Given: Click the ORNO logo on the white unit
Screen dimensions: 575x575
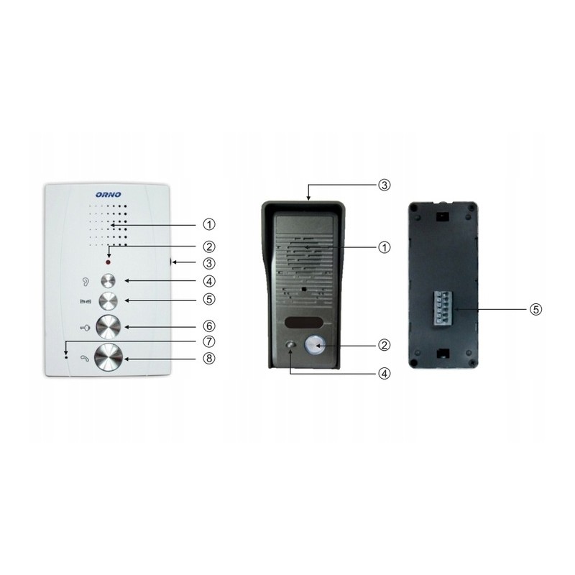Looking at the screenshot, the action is [108, 194].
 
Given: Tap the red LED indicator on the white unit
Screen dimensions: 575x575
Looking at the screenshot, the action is [109, 262].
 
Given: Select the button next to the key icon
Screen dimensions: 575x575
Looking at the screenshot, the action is [109, 326].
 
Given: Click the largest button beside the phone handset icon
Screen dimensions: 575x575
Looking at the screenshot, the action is [109, 357].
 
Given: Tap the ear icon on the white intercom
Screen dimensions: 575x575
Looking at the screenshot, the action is [86, 282].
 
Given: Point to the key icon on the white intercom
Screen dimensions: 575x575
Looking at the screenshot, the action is [85, 328].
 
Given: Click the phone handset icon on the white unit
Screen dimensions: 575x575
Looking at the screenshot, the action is [85, 358].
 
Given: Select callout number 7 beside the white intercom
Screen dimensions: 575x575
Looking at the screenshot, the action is [209, 341].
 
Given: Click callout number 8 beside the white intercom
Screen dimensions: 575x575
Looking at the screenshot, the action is [209, 358].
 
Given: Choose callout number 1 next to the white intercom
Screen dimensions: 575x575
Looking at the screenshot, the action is [209, 224].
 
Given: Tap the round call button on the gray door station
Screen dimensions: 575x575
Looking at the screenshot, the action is [313, 346].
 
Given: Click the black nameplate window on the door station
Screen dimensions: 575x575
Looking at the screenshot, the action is [303, 323].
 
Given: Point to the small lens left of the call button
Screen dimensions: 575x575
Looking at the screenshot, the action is [290, 345].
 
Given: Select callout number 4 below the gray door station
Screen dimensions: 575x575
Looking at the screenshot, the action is [384, 374].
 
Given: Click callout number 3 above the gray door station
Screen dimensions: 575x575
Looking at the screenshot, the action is [384, 185].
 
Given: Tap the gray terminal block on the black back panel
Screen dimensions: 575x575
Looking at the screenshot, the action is [443, 308].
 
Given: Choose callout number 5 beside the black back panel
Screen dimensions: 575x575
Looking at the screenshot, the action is [535, 309].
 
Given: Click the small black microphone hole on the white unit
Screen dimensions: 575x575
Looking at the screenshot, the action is [66, 356].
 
